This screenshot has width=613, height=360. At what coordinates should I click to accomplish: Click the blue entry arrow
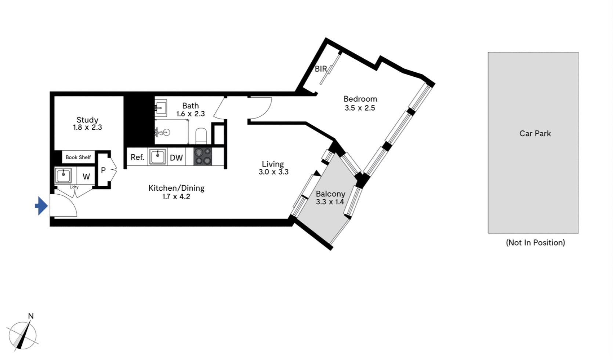[x=41, y=206]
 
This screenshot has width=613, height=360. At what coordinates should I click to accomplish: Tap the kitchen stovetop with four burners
[x=203, y=156]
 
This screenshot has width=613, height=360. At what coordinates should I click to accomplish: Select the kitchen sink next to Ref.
[x=157, y=157]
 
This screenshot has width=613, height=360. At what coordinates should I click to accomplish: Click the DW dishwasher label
[x=176, y=158]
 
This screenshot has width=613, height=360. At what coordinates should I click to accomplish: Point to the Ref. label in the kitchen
[x=137, y=157]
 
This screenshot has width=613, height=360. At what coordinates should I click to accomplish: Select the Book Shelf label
[x=78, y=157]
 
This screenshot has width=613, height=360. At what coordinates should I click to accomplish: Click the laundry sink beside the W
[x=64, y=175]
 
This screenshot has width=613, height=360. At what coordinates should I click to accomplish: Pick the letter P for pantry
[x=103, y=170]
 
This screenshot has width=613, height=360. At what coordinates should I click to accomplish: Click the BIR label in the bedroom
[x=321, y=69]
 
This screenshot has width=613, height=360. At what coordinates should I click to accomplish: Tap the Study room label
[x=87, y=120]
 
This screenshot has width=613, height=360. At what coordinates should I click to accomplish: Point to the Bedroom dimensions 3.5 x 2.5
[x=360, y=108]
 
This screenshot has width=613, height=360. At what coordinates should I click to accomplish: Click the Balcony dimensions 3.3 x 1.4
[x=330, y=202]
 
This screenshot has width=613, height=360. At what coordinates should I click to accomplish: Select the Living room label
[x=273, y=164]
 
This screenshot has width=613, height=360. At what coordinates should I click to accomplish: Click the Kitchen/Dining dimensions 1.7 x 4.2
[x=176, y=197]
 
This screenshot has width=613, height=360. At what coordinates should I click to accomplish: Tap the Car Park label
[x=535, y=133]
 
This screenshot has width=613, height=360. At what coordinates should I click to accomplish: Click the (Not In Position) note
[x=535, y=242]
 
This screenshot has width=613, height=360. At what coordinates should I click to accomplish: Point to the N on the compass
[x=31, y=316]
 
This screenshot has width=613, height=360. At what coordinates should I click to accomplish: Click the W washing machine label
[x=86, y=177]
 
